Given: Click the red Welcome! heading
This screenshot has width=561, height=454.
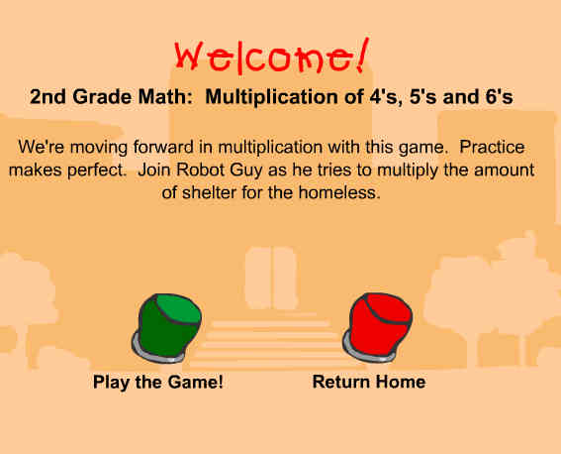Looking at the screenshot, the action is (271, 57).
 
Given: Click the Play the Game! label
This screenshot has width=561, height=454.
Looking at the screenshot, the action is (158, 382).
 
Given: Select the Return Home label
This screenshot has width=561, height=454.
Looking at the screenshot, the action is (369, 382).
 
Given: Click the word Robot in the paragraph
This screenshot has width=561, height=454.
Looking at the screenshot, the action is (200, 170).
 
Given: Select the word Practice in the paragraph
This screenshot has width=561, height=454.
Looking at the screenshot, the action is (492, 147).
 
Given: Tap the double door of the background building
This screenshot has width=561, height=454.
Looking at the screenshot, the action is (271, 279).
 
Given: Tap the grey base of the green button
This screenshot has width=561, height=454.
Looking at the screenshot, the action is (157, 353).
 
